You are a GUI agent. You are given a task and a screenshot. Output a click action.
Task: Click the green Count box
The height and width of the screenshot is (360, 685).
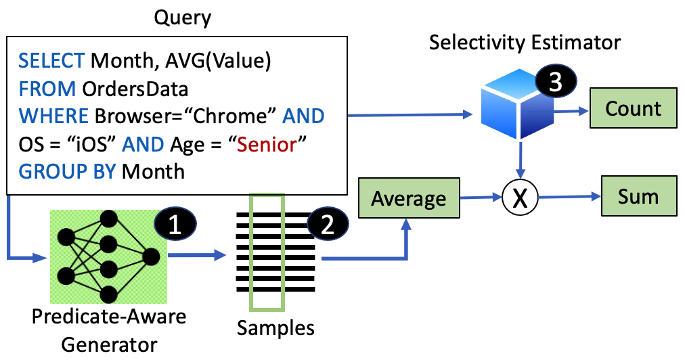[634, 109]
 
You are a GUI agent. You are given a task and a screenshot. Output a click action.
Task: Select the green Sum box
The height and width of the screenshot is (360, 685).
[638, 197]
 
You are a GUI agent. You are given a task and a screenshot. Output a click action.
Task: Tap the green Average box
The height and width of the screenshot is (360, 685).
[409, 199]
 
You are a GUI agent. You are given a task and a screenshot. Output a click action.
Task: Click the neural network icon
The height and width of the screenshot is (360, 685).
[108, 256]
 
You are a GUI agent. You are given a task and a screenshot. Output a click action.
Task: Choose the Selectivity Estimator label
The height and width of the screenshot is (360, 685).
[525, 43]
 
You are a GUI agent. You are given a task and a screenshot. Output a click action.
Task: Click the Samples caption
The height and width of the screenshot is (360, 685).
[275, 328]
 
